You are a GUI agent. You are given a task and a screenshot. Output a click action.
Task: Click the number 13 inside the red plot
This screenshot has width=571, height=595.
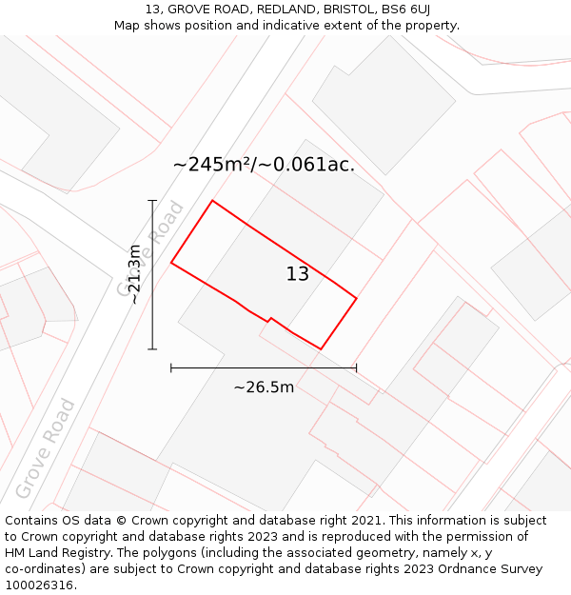click(x=298, y=274)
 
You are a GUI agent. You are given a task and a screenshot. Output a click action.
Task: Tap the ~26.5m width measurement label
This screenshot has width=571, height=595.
click(x=264, y=387)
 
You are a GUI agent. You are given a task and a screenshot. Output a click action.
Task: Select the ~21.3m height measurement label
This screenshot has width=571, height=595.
click(x=134, y=274)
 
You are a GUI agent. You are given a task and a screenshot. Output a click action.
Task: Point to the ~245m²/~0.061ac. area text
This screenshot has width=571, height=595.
click(x=264, y=164)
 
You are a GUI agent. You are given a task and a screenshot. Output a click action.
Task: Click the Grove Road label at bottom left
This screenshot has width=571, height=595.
click(x=45, y=450)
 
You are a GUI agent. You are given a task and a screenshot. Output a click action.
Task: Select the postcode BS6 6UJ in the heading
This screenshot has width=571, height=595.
click(x=405, y=9)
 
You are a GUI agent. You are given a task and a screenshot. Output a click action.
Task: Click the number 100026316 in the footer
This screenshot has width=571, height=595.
click(x=39, y=585)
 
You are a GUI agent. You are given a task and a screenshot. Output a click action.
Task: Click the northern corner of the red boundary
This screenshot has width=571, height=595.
click(x=212, y=201)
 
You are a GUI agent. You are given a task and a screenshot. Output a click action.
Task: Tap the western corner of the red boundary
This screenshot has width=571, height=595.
click(x=171, y=262)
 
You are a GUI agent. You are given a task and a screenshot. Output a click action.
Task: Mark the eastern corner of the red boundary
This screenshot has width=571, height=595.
click(x=357, y=299)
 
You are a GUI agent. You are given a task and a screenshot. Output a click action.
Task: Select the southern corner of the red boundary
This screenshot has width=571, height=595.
click(x=321, y=349)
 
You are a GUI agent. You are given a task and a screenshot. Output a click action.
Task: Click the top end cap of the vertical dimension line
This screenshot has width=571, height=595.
click(x=152, y=201)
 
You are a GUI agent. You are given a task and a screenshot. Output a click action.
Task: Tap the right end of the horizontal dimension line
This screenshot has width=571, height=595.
click(x=357, y=367)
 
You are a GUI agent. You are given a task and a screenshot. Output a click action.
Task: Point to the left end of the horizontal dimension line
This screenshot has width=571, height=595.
click(x=171, y=367)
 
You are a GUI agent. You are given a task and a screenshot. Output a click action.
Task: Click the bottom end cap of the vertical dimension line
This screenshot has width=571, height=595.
click(x=152, y=349)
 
